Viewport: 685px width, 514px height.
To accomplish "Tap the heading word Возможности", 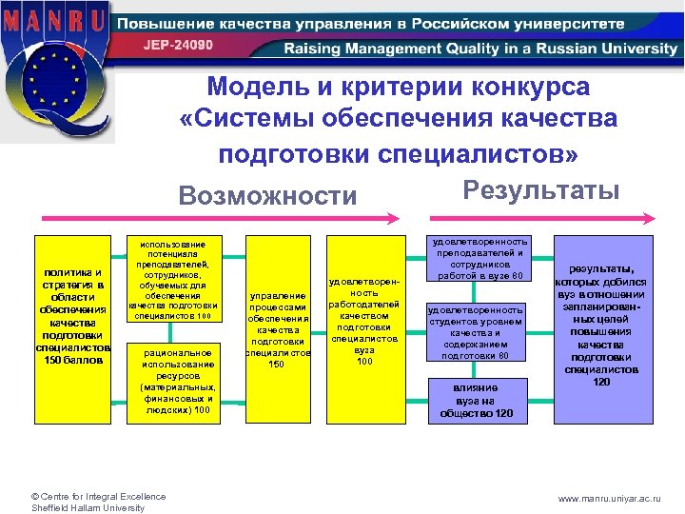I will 268,196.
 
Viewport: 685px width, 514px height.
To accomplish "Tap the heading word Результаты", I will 540,189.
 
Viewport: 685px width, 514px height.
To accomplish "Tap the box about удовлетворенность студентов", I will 477,332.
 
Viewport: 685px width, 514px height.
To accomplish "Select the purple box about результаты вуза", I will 602,328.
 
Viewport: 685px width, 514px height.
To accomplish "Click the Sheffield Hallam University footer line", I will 88,507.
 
